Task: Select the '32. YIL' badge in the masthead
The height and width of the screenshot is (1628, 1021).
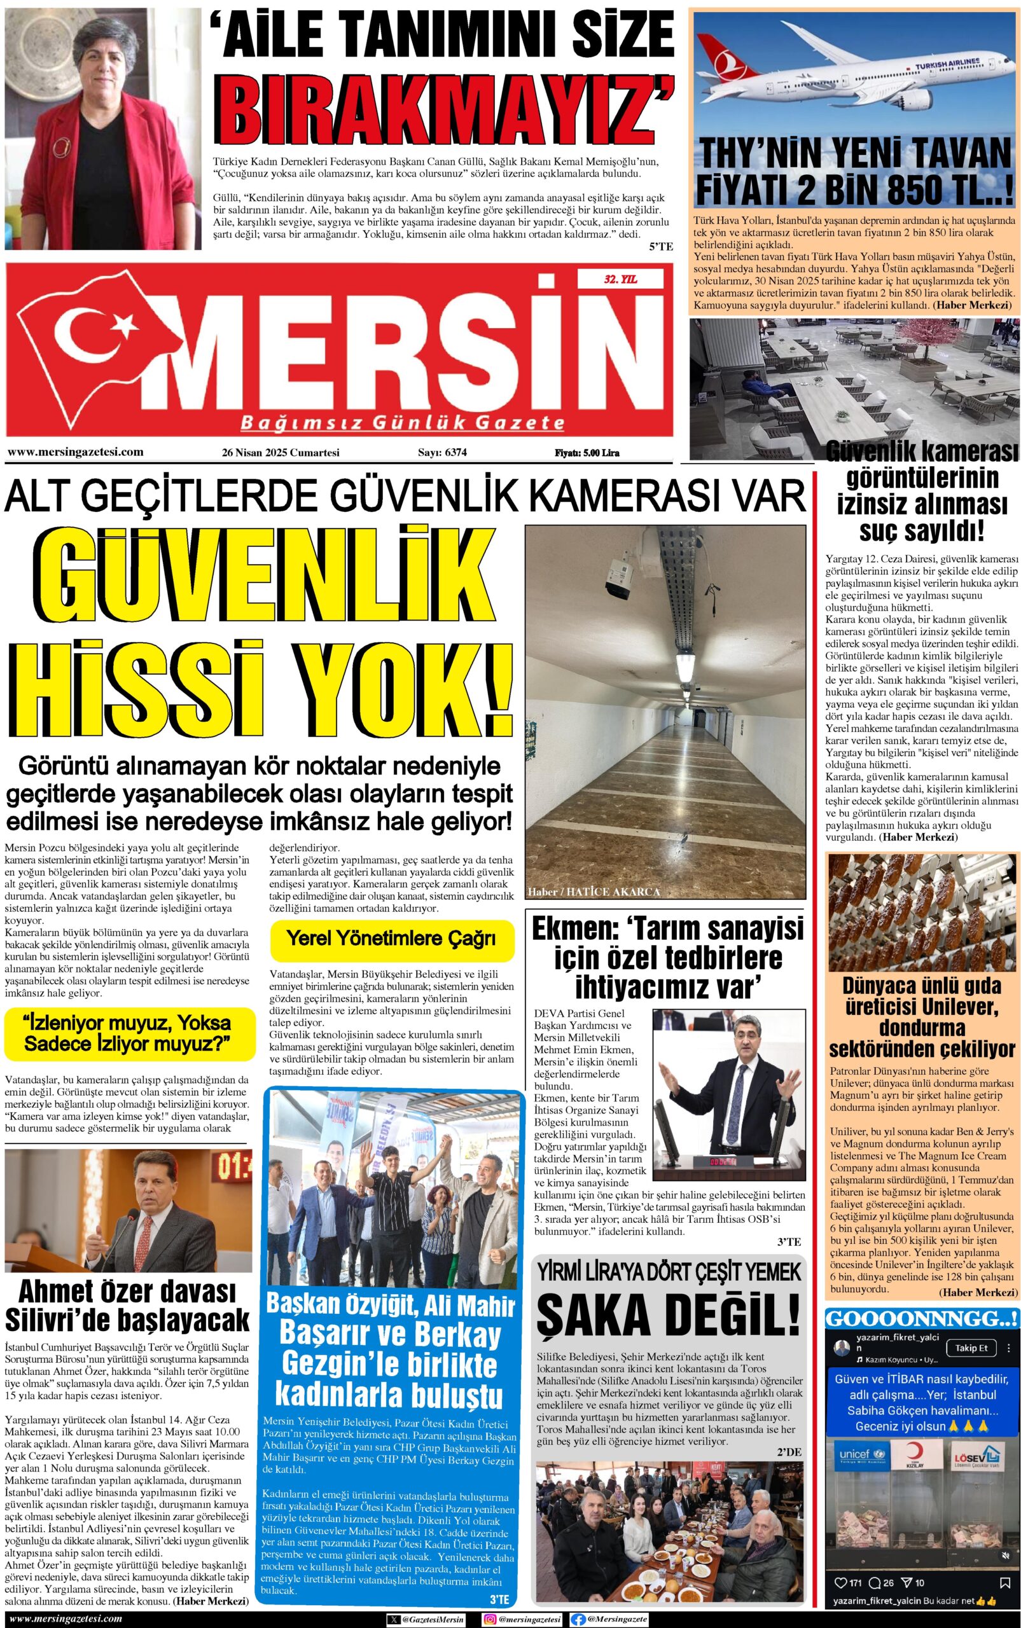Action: pyautogui.click(x=620, y=279)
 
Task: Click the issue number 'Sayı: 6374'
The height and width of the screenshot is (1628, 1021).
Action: pyautogui.click(x=441, y=452)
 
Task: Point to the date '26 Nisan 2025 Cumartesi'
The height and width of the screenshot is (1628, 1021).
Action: pyautogui.click(x=281, y=452)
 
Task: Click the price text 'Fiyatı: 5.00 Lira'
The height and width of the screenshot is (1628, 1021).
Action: pyautogui.click(x=586, y=452)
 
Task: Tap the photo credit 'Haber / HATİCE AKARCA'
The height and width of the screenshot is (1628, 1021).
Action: pyautogui.click(x=594, y=892)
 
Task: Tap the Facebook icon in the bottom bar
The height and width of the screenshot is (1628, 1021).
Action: pyautogui.click(x=578, y=1619)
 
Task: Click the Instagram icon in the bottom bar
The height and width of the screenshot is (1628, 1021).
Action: pyautogui.click(x=490, y=1619)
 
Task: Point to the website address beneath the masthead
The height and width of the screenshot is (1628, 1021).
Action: pyautogui.click(x=75, y=452)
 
